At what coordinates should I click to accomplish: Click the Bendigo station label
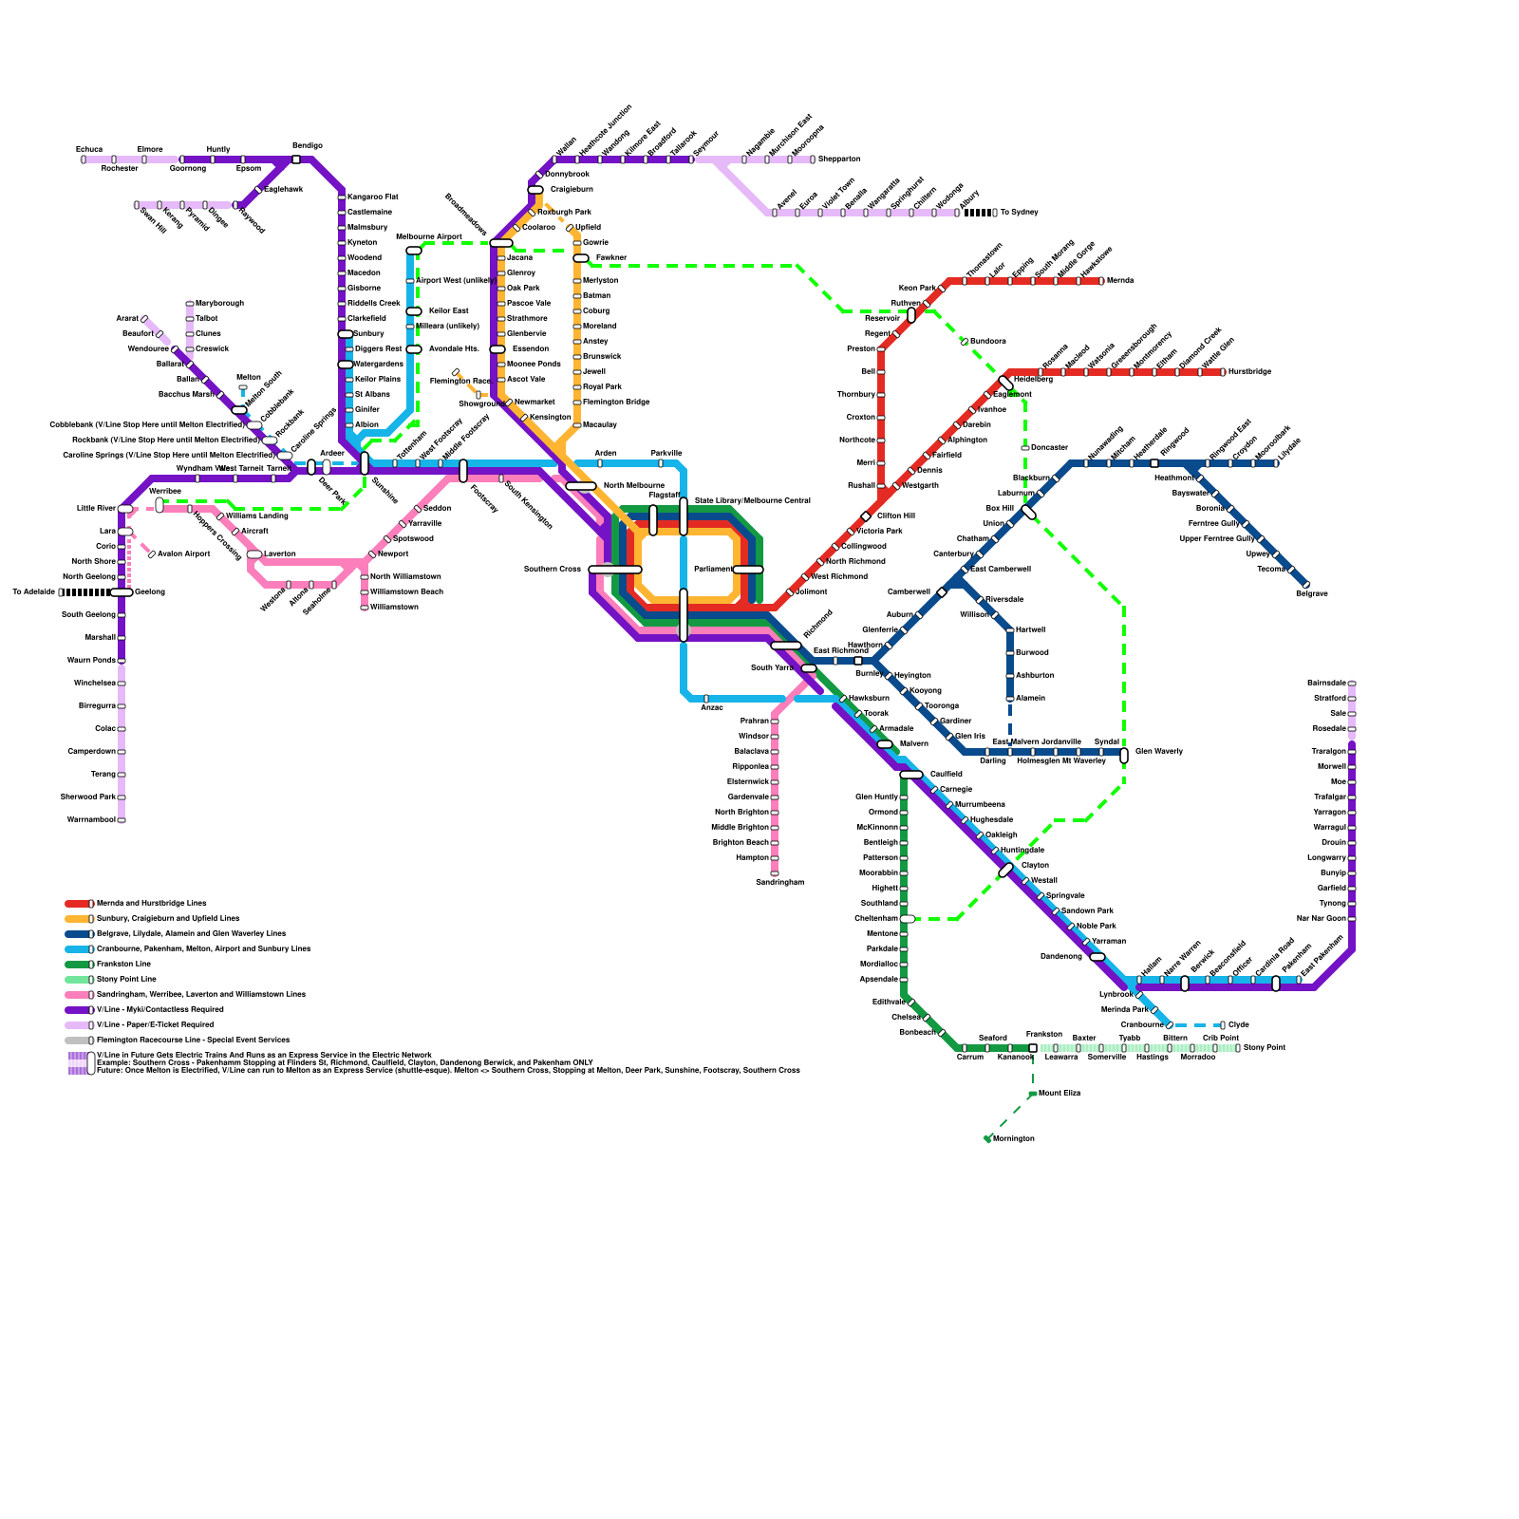307,146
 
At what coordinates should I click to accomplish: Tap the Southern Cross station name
553,570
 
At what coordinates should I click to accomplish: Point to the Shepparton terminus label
839,159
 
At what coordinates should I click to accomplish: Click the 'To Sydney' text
1020,213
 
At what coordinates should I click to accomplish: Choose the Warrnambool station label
91,819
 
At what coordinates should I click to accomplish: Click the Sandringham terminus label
779,883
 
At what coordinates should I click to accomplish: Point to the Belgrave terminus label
1311,594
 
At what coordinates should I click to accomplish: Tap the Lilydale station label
1289,450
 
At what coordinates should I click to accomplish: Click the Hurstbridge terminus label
1249,372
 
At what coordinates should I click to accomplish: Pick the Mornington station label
1014,1138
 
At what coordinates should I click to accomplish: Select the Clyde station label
1239,1025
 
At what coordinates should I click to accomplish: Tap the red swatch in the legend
77,904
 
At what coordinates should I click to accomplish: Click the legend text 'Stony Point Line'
126,979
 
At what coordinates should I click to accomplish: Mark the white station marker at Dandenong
1097,957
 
